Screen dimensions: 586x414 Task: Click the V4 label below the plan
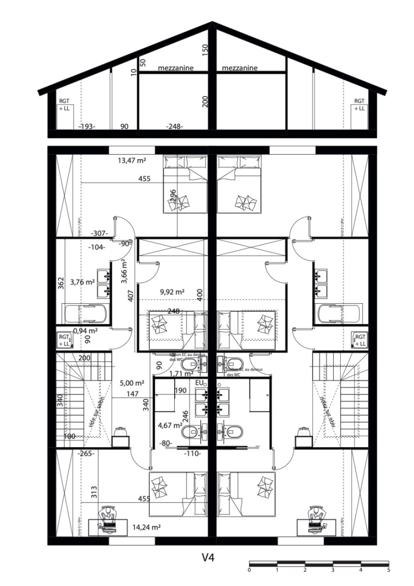click(209, 557)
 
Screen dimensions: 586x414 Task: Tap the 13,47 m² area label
click(132, 160)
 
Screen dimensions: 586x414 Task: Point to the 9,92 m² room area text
click(173, 291)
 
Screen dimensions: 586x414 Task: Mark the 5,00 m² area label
click(132, 382)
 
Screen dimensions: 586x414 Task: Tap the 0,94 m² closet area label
click(85, 330)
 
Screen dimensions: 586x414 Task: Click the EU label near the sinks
click(199, 383)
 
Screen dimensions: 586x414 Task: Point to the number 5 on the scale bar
click(388, 570)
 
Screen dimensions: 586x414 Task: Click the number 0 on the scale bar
click(249, 570)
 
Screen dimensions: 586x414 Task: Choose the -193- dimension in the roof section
click(87, 126)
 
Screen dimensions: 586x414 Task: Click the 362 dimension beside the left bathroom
click(61, 283)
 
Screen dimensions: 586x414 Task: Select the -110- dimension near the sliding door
click(192, 453)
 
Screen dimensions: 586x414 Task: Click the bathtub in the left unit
click(86, 314)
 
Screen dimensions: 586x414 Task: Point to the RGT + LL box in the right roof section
click(359, 105)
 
